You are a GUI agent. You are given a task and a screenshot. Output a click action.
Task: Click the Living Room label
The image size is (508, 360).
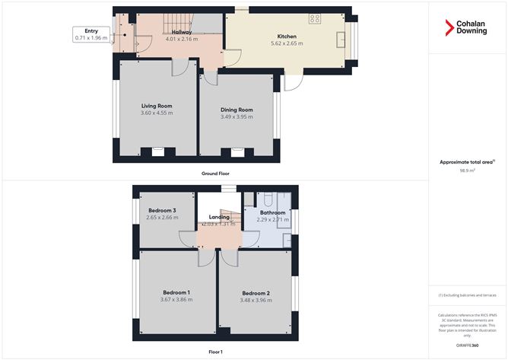(157, 106)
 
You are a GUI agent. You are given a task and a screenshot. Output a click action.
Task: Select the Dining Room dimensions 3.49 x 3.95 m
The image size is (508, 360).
(236, 116)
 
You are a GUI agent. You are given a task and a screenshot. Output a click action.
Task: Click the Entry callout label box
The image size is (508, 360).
(91, 35)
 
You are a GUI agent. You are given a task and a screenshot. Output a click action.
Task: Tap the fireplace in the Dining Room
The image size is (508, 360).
(237, 152)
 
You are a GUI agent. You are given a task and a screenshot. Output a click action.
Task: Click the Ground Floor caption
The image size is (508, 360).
(215, 174)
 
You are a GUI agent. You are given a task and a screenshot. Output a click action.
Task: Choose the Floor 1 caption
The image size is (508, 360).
(215, 351)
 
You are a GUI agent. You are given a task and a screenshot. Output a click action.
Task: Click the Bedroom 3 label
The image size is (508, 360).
(162, 210)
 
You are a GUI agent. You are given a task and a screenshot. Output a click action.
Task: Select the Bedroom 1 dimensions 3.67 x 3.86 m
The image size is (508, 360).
(177, 299)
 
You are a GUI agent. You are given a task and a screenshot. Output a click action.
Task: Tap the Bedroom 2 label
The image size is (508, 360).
(256, 293)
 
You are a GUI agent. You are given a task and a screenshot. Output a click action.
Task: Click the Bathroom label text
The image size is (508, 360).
(272, 212)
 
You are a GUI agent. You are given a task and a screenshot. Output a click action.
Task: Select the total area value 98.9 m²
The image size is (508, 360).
(467, 171)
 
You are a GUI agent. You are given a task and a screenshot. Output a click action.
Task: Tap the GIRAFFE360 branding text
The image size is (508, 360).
(467, 345)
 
